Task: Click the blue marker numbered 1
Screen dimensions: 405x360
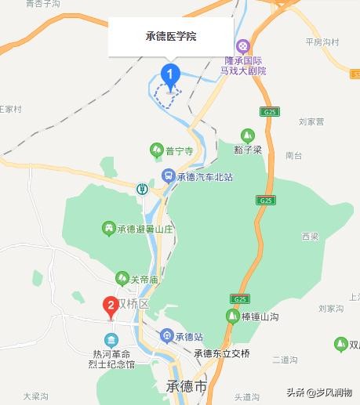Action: (x=170, y=74)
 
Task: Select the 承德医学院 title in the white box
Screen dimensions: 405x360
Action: (x=171, y=37)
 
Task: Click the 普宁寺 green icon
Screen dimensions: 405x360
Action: (x=156, y=149)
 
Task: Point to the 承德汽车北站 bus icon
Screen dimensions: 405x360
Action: (x=168, y=176)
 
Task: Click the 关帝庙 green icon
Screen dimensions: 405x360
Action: (x=122, y=277)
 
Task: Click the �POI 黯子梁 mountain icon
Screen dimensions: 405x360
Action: (x=248, y=135)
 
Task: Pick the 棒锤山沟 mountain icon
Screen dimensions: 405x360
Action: (x=232, y=316)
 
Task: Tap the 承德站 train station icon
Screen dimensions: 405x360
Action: (x=166, y=336)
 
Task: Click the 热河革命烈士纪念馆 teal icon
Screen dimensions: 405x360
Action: (x=111, y=340)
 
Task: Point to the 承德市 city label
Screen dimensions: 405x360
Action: (x=187, y=387)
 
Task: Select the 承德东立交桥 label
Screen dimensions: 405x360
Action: (x=222, y=353)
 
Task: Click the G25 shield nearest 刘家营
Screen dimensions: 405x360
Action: (x=270, y=112)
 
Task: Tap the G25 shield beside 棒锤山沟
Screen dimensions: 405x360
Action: (x=238, y=299)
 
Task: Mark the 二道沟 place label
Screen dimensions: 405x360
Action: (x=284, y=360)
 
